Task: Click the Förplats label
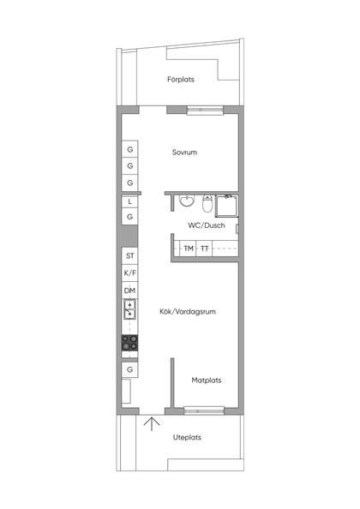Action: [181, 79]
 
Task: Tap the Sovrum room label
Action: [184, 153]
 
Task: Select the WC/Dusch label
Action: [207, 225]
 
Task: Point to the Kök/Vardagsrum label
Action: [188, 312]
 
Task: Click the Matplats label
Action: [207, 380]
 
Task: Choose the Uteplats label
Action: [187, 437]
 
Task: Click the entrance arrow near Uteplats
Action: [152, 424]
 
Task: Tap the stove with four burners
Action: [129, 343]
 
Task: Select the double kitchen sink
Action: [129, 309]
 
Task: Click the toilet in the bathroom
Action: [207, 204]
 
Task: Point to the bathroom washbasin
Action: [187, 201]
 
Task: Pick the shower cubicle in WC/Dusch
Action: [226, 206]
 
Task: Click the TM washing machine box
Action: [189, 249]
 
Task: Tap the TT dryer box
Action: [204, 249]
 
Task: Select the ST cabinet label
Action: [129, 256]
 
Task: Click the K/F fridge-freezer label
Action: [129, 273]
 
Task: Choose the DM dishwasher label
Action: [129, 290]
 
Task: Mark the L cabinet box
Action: [129, 201]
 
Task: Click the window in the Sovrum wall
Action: [205, 111]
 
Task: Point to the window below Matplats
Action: [204, 410]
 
